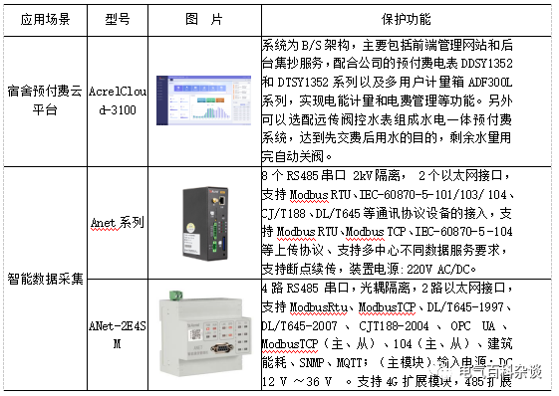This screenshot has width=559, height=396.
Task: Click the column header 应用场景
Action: tap(43, 19)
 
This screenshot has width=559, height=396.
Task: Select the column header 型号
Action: tap(117, 19)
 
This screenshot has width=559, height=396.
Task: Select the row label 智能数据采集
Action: tap(43, 278)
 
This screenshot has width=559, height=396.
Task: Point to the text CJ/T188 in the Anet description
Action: tap(285, 214)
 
